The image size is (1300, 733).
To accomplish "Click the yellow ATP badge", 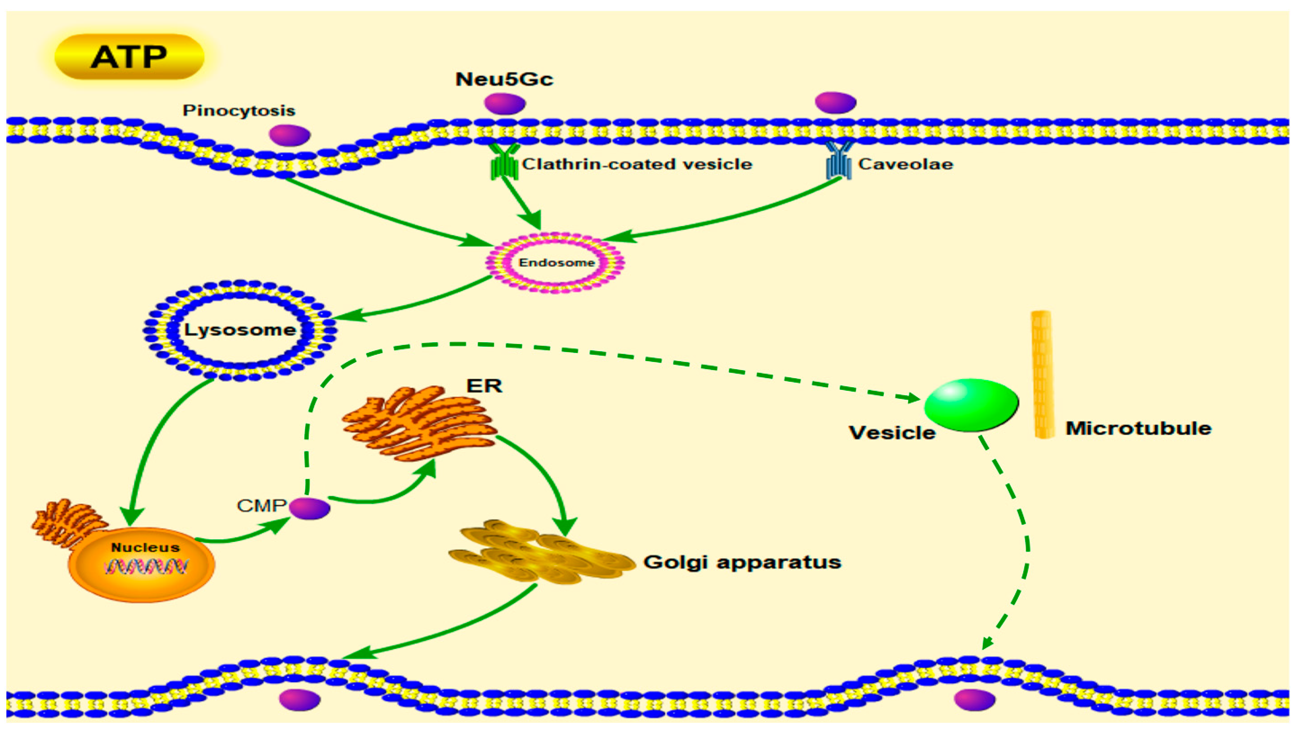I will (x=129, y=57).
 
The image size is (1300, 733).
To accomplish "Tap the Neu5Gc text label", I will (x=504, y=79).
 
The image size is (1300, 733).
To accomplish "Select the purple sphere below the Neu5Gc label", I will (x=505, y=103).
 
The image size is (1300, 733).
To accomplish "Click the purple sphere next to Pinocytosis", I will (x=290, y=135).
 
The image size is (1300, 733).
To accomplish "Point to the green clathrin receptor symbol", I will (x=505, y=162).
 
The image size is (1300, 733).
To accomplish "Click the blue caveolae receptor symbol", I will (x=839, y=162).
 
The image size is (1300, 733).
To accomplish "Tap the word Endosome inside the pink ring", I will (x=556, y=262).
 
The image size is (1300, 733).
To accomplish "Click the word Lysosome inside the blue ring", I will (x=240, y=330).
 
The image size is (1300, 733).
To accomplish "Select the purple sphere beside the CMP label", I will (x=310, y=508).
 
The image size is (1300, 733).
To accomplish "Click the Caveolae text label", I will (x=906, y=164).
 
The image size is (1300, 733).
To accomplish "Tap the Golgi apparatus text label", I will (x=742, y=562).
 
